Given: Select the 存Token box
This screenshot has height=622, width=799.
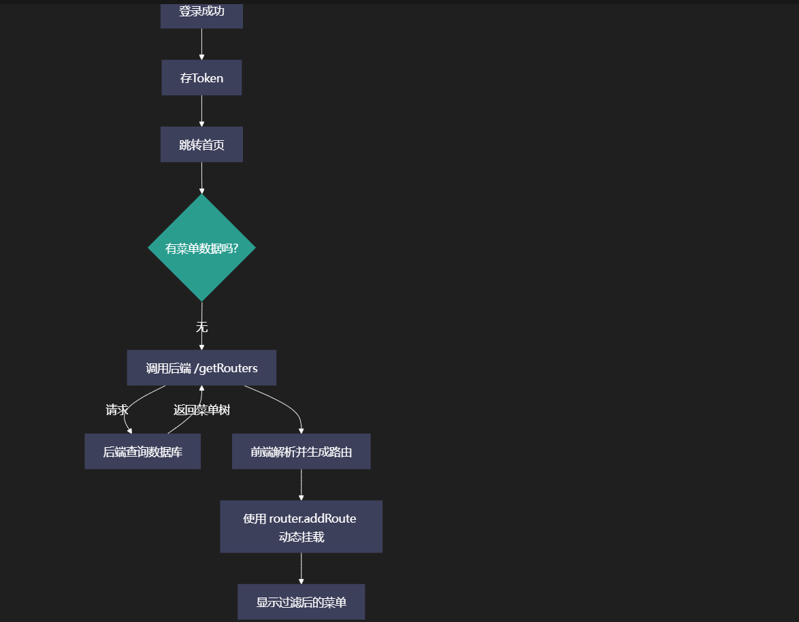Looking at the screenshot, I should [x=201, y=78].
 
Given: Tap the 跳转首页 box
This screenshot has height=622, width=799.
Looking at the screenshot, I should [x=201, y=144].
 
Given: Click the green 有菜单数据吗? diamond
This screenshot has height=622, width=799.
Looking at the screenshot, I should [x=201, y=248].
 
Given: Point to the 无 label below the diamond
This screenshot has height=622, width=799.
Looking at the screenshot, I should [x=201, y=327].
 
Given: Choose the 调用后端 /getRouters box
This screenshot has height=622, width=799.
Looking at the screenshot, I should [x=201, y=368].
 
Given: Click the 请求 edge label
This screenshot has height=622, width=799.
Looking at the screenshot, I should [x=117, y=410].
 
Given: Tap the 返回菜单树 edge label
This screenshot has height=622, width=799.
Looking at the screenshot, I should [x=201, y=410].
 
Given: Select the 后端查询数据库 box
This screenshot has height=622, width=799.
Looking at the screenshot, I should [x=142, y=451].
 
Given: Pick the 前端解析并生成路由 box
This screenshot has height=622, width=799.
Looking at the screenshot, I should [x=301, y=451].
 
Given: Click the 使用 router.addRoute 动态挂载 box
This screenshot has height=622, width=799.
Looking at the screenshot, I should [x=301, y=527].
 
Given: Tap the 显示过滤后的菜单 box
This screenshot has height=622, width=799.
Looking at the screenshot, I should [x=301, y=602].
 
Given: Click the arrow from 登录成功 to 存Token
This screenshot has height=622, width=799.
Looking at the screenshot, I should [x=201, y=44].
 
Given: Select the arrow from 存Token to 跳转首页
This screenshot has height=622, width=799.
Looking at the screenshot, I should [x=201, y=111].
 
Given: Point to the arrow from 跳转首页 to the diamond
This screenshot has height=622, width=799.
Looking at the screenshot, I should [x=201, y=178].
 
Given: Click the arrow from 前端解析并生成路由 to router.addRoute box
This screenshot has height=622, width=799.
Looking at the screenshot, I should [x=301, y=485].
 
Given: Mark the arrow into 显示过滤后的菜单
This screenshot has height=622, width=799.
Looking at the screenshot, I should [x=301, y=568].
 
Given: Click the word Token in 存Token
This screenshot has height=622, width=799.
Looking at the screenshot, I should [x=208, y=78].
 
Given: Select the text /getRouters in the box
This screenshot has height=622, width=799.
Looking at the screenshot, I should [x=226, y=368].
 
